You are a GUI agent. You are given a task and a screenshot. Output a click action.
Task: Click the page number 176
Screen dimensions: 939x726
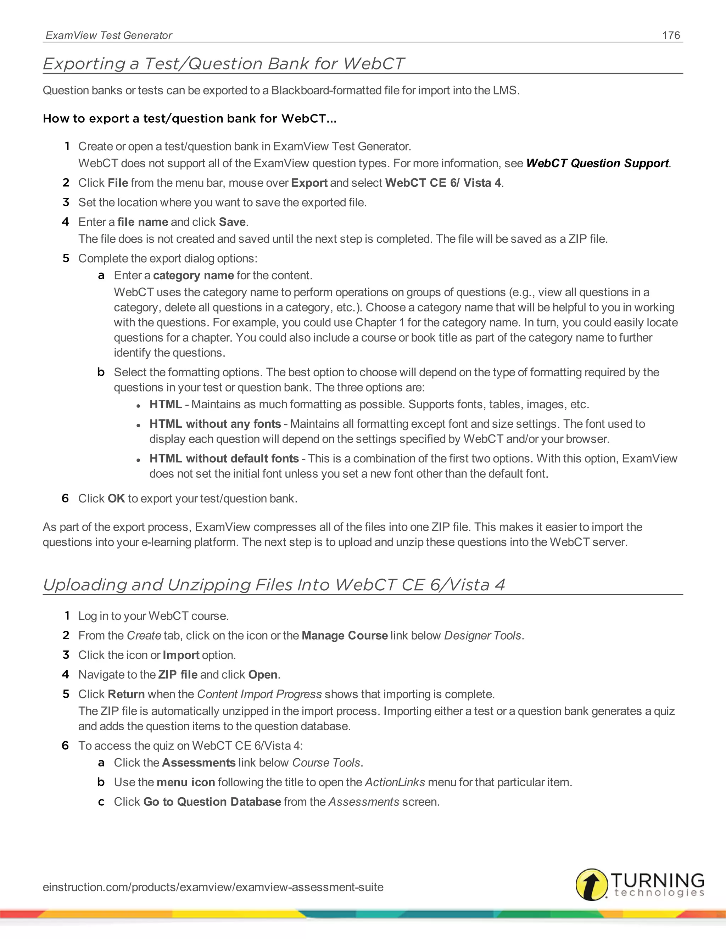pos(671,35)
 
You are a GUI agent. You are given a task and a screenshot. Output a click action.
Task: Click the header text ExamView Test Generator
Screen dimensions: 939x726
pos(109,35)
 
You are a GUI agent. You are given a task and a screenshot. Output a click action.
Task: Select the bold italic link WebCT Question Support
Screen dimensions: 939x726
pos(597,163)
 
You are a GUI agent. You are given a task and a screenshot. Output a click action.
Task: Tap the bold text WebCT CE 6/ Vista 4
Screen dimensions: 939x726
pos(443,183)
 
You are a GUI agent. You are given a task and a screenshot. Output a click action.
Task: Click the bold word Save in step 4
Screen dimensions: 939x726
pos(232,222)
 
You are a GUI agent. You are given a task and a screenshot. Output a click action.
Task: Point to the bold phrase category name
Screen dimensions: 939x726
pos(193,275)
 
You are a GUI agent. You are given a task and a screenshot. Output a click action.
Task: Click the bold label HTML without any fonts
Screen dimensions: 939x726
pos(215,424)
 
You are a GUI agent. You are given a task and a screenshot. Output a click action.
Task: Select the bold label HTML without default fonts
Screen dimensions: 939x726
pos(224,458)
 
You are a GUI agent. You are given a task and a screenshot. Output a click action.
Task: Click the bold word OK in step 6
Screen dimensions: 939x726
pos(116,498)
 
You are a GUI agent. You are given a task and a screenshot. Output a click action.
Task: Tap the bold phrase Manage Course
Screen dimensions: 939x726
pos(345,635)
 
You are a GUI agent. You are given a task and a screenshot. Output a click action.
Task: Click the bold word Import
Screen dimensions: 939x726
pos(181,655)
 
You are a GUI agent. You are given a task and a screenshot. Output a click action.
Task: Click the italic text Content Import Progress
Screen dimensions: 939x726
pos(259,694)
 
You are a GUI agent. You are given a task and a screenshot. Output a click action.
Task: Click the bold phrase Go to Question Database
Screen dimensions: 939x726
pos(212,802)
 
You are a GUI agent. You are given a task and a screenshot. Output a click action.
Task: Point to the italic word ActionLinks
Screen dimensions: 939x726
pos(395,782)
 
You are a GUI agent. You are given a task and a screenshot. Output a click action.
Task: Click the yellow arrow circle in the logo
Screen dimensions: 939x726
pos(591,884)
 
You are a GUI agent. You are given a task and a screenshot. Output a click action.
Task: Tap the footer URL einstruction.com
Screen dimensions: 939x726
pos(213,887)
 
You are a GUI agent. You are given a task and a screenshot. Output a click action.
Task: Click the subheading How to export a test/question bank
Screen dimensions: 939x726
pos(189,118)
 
